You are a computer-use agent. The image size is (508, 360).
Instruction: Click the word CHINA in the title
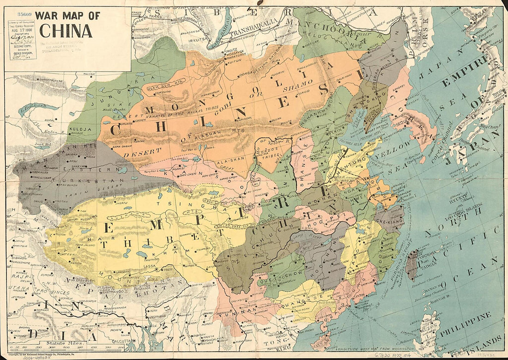tap(66, 31)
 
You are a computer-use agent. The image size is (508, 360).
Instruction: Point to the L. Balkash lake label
tap(30, 107)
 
